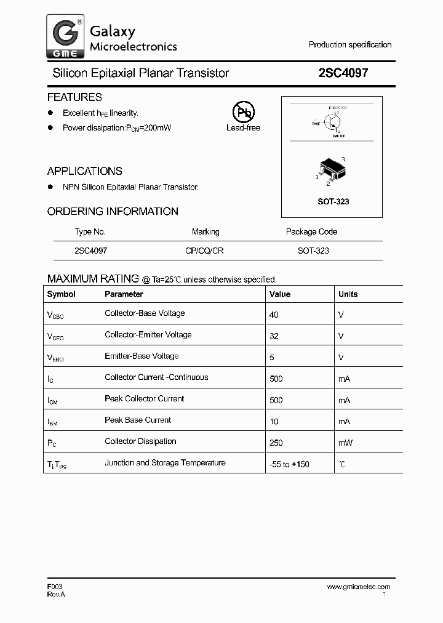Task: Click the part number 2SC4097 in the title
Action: coord(343,73)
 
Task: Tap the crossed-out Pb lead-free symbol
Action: coord(243,112)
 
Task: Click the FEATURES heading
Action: coord(74,97)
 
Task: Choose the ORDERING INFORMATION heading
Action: coord(113,211)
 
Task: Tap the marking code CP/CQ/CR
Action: coord(206,251)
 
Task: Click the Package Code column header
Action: coord(311,232)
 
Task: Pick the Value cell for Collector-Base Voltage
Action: coord(274,315)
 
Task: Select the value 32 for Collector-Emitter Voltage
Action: coord(274,336)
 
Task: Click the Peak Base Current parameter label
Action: coord(138,420)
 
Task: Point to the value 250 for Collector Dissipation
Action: coord(276,443)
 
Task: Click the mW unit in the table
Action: coord(345,443)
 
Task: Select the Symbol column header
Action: coord(61,294)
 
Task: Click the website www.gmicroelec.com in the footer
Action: coord(358,587)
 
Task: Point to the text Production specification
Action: coord(349,45)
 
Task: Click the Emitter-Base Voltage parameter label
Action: coord(142,356)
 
